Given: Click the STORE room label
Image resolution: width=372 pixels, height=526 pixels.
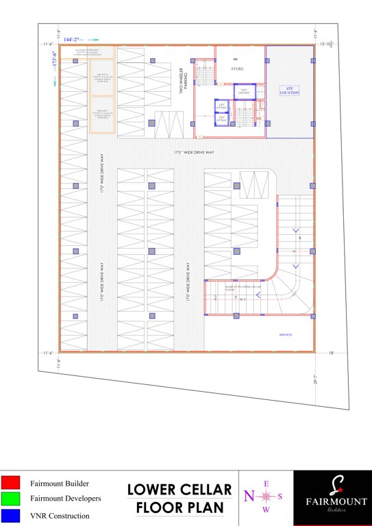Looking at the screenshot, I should click(237, 69).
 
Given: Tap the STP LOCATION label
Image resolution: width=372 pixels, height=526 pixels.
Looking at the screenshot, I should click(289, 90).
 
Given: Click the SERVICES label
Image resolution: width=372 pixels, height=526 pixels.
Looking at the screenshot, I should click(286, 335).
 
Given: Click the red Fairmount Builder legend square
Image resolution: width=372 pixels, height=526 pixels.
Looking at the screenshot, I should click(10, 484).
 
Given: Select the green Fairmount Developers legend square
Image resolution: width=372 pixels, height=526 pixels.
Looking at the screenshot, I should click(10, 499).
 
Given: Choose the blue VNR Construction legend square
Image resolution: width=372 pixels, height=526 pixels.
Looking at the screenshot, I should click(10, 515).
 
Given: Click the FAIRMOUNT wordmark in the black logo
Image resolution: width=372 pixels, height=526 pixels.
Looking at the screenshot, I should click(332, 501).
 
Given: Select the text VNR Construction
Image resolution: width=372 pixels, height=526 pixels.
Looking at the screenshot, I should click(60, 515).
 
